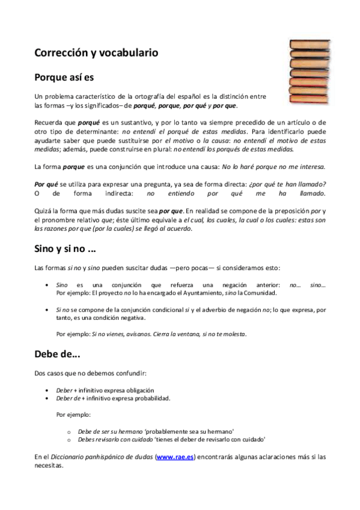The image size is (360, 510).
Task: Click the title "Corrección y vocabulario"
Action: tap(96, 53)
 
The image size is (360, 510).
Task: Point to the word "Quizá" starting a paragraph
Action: tap(43, 212)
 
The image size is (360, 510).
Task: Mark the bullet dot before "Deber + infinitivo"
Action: tap(47, 390)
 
